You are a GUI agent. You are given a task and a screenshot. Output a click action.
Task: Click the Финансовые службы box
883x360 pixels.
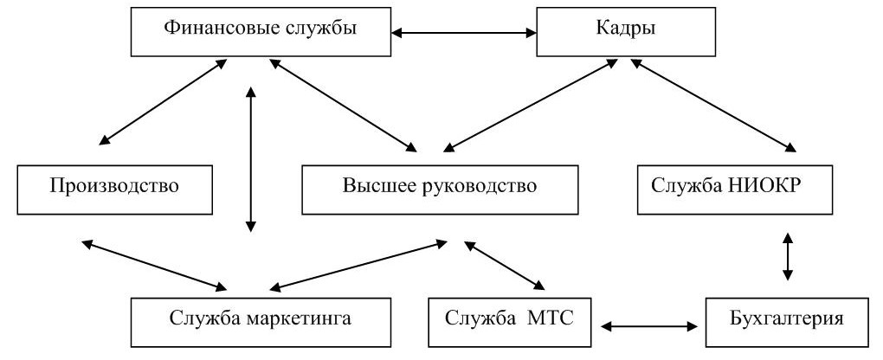(x=260, y=32)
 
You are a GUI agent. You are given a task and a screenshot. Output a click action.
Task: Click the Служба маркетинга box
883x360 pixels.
(x=260, y=321)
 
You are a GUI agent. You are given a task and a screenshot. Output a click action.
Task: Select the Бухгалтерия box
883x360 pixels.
(x=786, y=321)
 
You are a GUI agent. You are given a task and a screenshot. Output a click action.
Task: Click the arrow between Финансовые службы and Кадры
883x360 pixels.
(x=462, y=33)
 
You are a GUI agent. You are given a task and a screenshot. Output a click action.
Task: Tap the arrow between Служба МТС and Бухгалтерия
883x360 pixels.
(x=649, y=327)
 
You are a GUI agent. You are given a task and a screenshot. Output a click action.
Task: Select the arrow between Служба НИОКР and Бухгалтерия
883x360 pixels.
(x=787, y=256)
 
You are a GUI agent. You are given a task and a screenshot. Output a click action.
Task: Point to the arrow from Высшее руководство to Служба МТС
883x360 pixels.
(x=505, y=265)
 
